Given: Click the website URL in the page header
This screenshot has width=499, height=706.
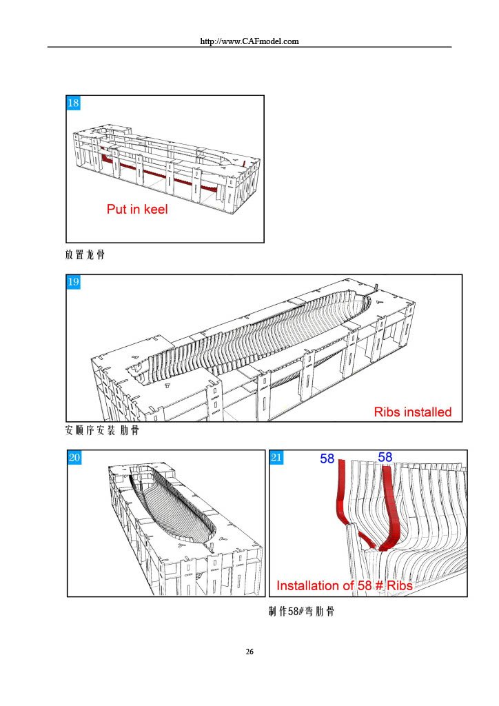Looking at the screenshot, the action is click(x=250, y=41).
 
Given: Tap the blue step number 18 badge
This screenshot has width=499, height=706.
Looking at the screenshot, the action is click(x=73, y=103).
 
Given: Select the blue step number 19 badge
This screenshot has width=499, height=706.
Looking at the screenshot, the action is click(x=73, y=282).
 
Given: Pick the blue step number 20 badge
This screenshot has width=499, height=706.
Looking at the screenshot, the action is click(x=74, y=458).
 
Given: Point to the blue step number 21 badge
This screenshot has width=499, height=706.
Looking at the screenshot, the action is click(x=276, y=458).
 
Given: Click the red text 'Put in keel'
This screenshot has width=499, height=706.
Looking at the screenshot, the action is click(x=137, y=209).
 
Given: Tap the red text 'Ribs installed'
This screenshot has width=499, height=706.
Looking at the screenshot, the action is click(x=413, y=412).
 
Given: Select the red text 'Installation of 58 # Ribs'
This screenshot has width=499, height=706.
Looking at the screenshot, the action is click(x=344, y=585).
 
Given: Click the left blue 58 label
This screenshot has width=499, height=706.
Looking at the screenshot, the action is click(x=327, y=458).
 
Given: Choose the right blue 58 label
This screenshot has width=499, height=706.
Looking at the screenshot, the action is click(x=385, y=457).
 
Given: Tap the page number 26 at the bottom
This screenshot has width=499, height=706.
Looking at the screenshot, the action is click(x=250, y=652).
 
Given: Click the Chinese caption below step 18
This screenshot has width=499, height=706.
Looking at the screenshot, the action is click(x=85, y=255).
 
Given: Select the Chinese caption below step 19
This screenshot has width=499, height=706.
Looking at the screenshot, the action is click(x=102, y=430).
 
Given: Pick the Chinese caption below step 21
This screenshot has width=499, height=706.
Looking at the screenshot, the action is click(x=301, y=612).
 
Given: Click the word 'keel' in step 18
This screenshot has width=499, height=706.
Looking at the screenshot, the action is click(x=156, y=209).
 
